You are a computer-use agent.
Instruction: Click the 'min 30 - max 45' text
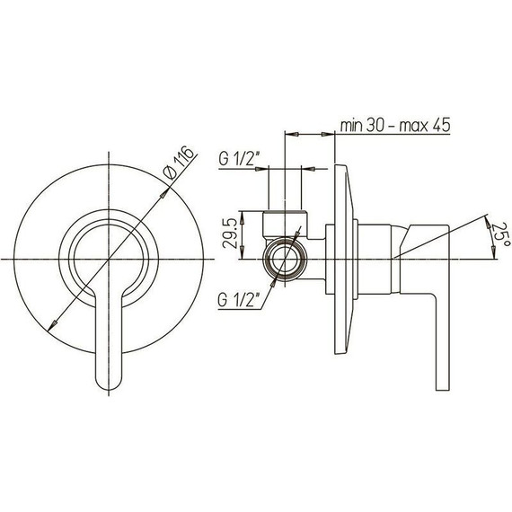coord(395,125)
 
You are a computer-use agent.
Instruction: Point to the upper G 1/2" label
coord(239,159)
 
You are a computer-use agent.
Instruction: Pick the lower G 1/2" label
coord(239,300)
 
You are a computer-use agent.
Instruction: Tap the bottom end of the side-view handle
coord(443,390)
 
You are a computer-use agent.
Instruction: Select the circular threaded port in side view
coord(285,259)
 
